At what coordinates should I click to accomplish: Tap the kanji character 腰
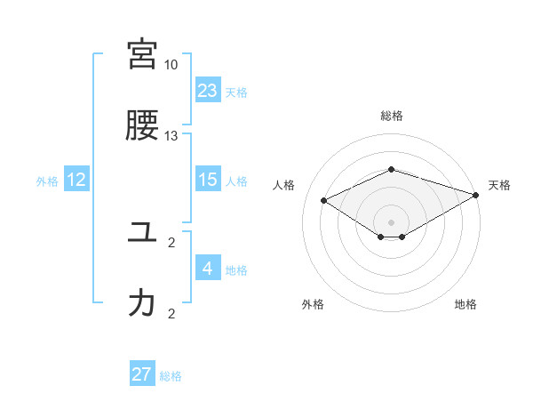tap(142, 125)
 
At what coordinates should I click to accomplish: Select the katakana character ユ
tap(142, 232)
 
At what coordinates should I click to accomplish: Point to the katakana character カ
tap(142, 303)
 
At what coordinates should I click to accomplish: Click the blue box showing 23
tap(208, 91)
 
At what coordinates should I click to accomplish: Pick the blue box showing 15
tap(208, 180)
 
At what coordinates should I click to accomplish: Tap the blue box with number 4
tap(208, 269)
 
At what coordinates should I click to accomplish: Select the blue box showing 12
tap(76, 180)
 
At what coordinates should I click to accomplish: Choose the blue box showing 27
tap(142, 374)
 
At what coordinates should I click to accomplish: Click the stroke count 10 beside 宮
tap(171, 65)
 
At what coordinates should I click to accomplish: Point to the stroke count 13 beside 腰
tap(171, 136)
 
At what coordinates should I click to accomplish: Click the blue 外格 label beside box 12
tap(47, 181)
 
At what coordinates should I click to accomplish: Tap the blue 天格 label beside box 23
tap(236, 92)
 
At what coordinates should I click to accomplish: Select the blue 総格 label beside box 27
tap(171, 375)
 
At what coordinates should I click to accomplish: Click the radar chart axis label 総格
tap(391, 116)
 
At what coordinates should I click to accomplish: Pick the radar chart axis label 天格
tap(499, 185)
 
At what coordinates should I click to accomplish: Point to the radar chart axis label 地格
tap(465, 304)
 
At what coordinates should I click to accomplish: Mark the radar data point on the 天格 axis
tap(477, 194)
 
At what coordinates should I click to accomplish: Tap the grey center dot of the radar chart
tap(391, 221)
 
